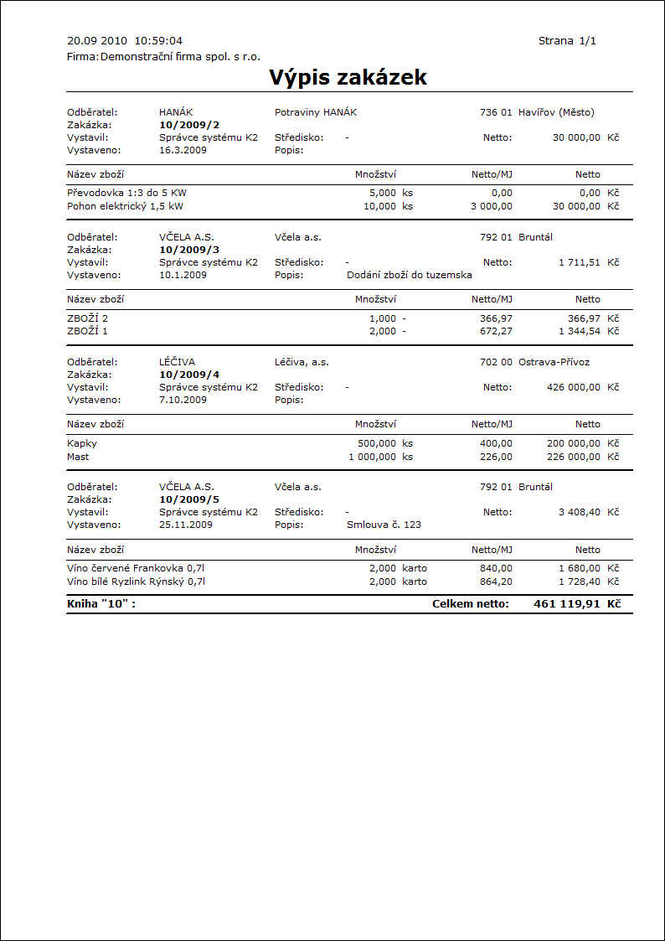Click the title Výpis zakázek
348,78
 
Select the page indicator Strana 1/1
567,40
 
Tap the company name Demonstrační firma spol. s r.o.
180,57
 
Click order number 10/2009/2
189,125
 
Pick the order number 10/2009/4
189,375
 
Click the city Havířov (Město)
556,112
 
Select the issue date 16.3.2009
183,150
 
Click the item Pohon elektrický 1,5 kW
125,205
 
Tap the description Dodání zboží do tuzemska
409,275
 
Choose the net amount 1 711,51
580,262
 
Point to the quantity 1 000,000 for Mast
372,457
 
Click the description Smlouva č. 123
384,525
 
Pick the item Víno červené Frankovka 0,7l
136,568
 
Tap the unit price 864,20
495,582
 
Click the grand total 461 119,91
566,603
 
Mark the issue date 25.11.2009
186,525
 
